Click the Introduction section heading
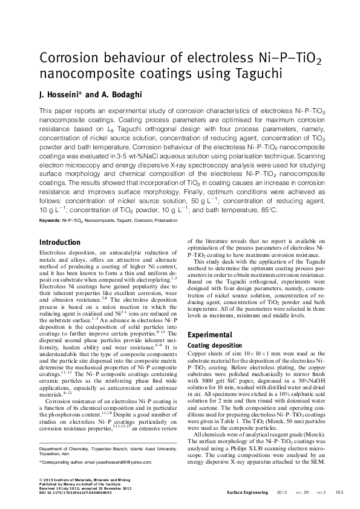pyautogui.click(x=59, y=242)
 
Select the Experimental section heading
pyautogui.click(x=210, y=334)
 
